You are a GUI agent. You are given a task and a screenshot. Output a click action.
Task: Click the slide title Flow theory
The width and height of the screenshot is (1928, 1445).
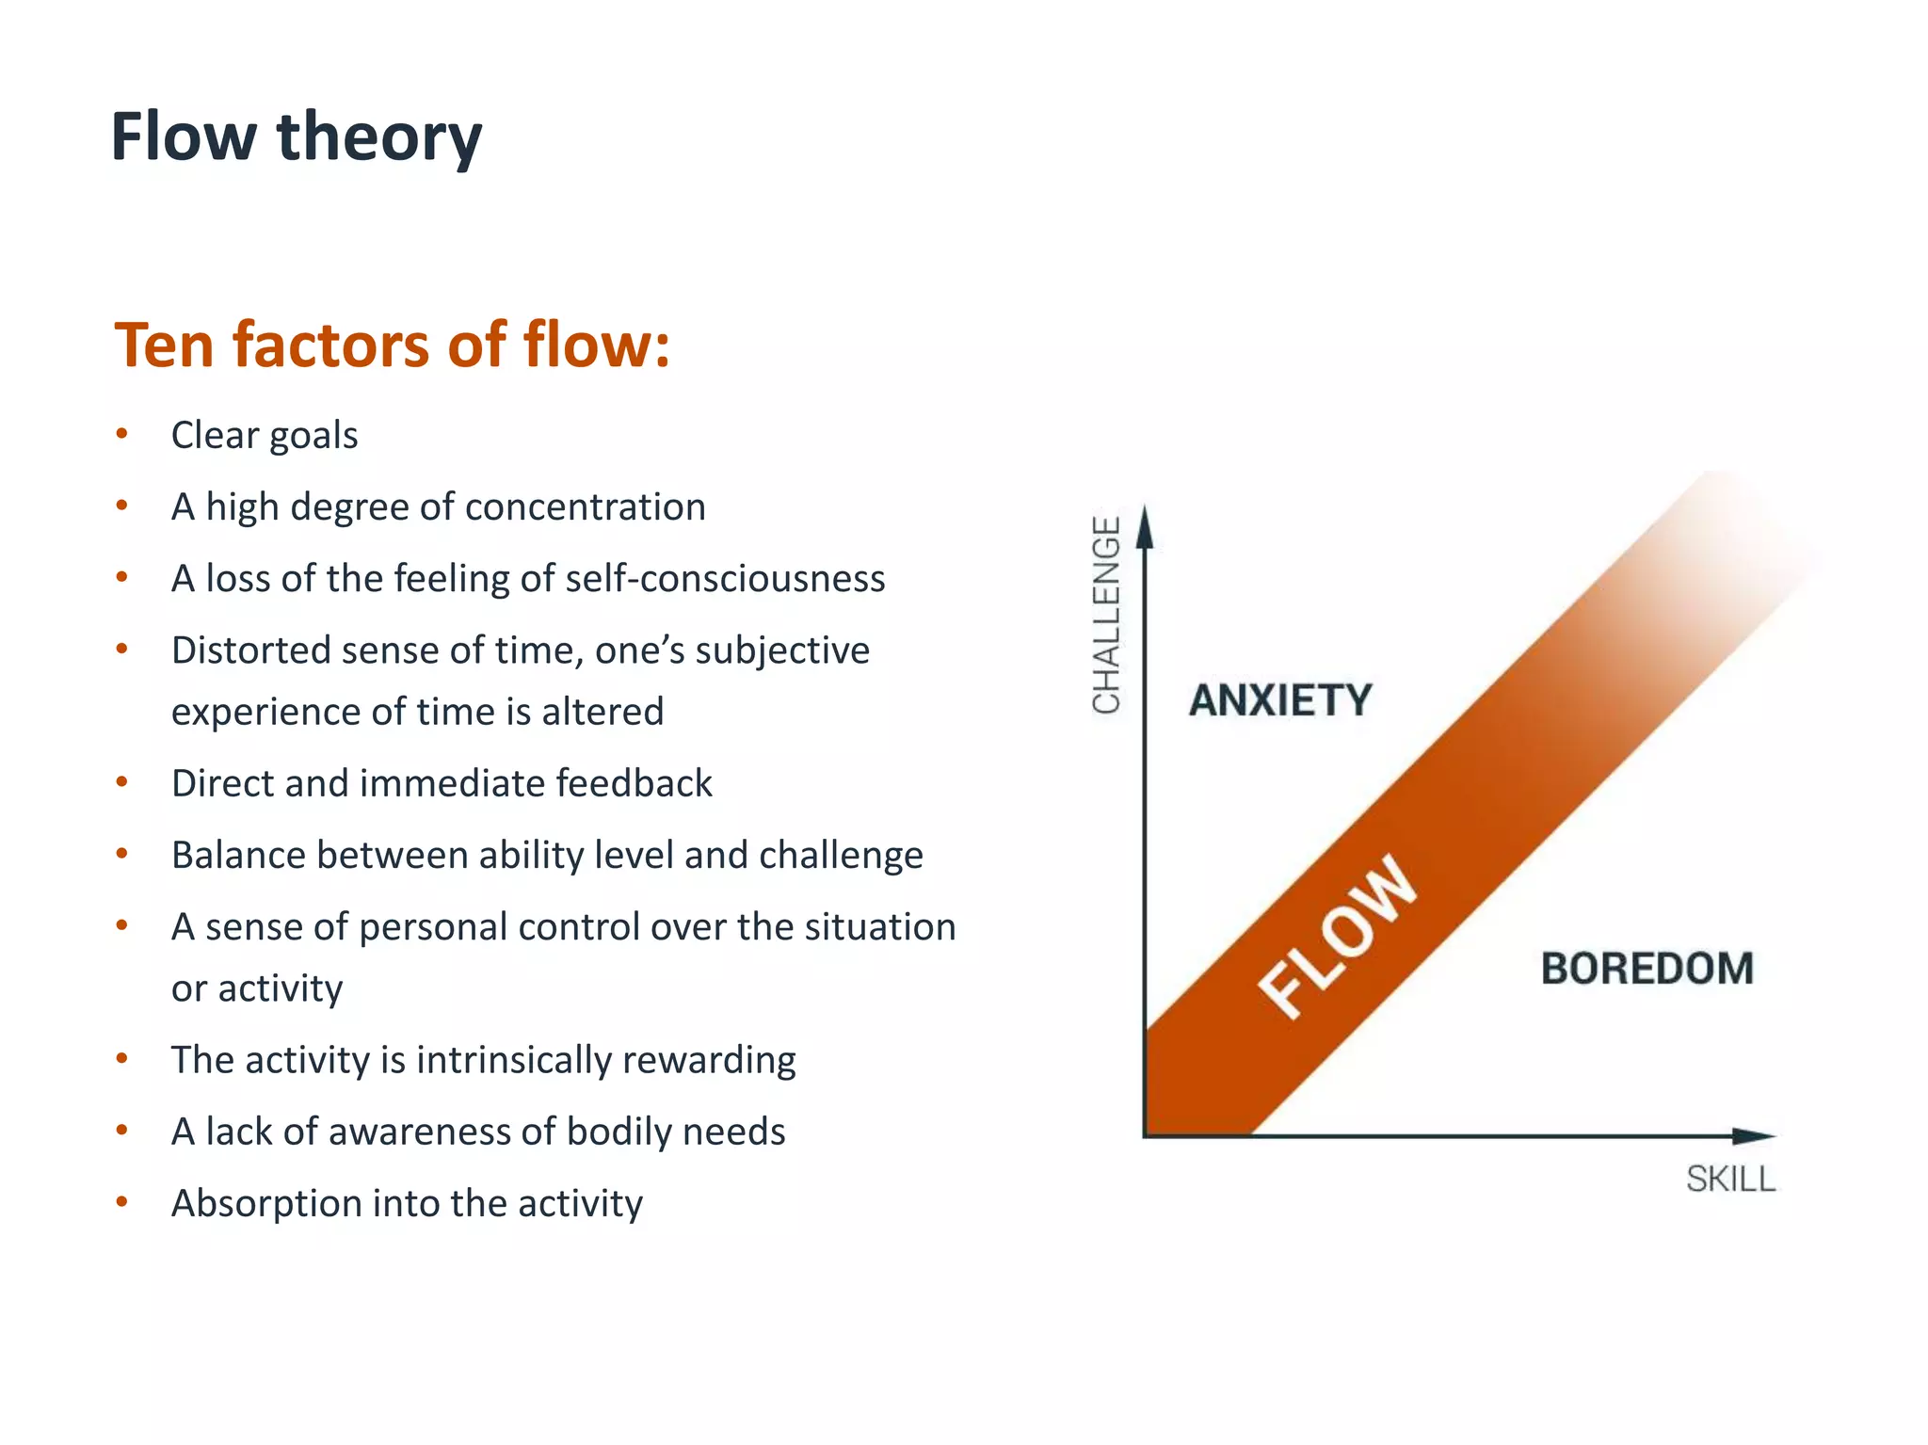coord(296,137)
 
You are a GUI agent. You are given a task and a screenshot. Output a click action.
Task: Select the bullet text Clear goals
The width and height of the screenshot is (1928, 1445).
coord(265,436)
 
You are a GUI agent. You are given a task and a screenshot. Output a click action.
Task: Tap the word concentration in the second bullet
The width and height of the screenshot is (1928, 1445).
coord(585,507)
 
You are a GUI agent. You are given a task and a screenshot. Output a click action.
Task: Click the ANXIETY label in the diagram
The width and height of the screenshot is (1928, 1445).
coord(1280,700)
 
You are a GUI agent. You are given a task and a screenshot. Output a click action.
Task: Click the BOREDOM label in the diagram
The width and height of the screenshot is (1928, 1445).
coord(1647,969)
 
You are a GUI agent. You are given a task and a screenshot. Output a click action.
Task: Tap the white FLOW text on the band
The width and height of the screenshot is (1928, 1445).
coord(1337,938)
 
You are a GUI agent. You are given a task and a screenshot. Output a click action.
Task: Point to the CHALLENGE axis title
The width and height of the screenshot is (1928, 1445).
coord(1106,615)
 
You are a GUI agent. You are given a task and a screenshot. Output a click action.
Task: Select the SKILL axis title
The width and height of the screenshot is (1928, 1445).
coord(1729,1179)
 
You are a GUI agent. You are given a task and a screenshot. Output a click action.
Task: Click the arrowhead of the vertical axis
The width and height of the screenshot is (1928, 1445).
coord(1144,527)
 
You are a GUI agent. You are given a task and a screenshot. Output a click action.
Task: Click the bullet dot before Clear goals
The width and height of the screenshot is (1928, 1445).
coord(121,434)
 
